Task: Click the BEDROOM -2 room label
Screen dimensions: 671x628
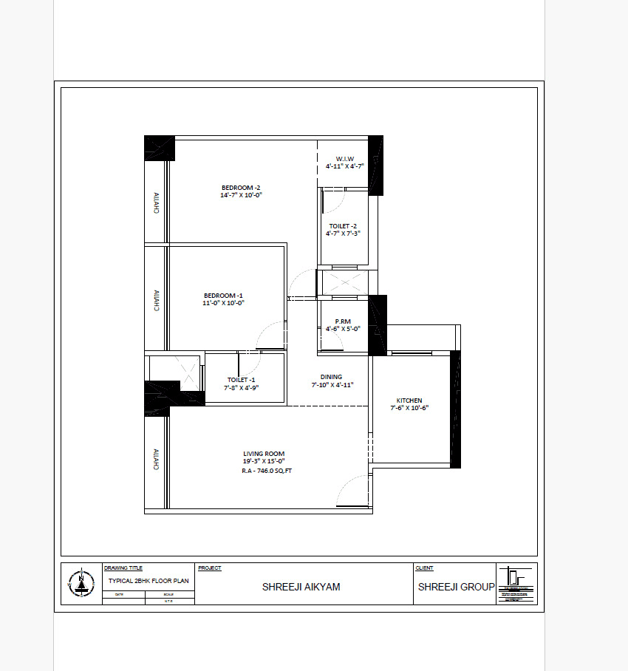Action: tap(242, 188)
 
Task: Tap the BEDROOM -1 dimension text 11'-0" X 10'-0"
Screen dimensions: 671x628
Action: tap(223, 302)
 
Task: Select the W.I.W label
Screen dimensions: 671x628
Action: tap(345, 159)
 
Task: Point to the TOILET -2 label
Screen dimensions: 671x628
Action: tap(344, 226)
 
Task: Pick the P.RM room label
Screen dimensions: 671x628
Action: tap(342, 321)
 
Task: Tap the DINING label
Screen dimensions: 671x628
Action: tap(331, 377)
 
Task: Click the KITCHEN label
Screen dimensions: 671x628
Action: tap(409, 401)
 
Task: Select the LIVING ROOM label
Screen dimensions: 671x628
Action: tap(264, 454)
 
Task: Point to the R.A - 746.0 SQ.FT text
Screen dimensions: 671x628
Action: tap(267, 470)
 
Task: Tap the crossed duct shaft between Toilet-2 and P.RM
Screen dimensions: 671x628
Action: tap(343, 284)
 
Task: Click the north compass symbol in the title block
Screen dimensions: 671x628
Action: tap(81, 584)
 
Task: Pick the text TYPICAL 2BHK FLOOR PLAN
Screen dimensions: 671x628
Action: tap(149, 582)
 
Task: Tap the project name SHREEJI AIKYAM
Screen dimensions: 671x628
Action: tap(301, 587)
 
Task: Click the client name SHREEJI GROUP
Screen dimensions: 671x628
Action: tap(456, 587)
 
